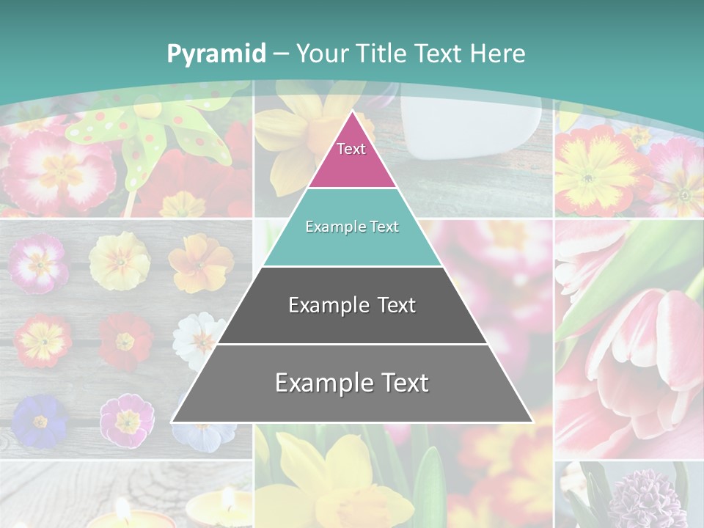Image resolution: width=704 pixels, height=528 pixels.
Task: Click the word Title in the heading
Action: coord(381,54)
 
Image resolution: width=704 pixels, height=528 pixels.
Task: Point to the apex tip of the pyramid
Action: coord(352,112)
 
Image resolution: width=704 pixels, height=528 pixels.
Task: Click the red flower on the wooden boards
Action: coord(125,341)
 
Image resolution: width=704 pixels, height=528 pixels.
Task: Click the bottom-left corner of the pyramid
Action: coord(173,421)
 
